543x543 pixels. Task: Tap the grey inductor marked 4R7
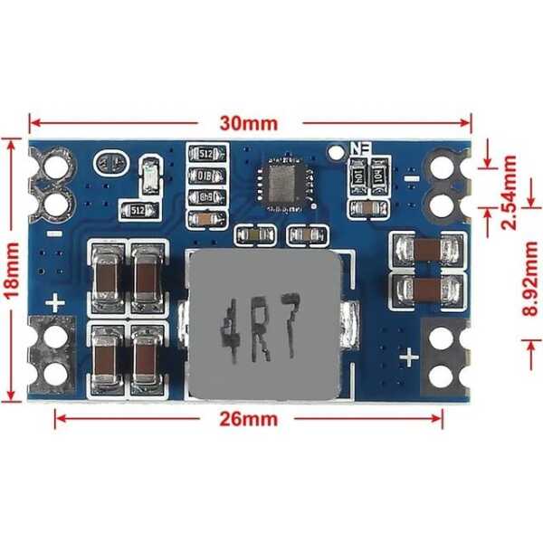[x=263, y=326]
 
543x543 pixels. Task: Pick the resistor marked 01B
[x=205, y=176]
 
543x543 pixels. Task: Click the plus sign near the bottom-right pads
[x=409, y=357]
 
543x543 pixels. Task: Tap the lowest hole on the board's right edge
[x=441, y=375]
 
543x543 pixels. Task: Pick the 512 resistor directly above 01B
[x=205, y=153]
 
